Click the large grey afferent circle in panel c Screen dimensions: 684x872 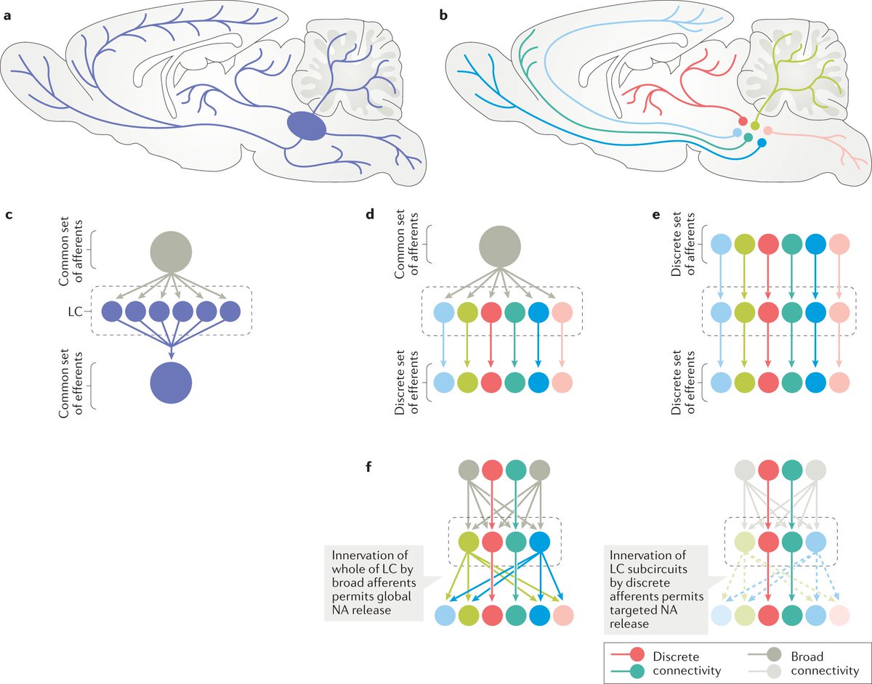170,251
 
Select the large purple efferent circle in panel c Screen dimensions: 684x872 170,382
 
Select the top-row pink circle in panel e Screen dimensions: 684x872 840,245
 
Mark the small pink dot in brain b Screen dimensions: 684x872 767,131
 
